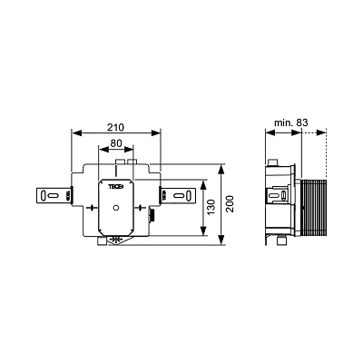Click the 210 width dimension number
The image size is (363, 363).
[x=116, y=128]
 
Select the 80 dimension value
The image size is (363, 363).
[x=116, y=142]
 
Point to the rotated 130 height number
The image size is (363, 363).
[x=211, y=207]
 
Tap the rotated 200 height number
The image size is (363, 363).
[x=231, y=204]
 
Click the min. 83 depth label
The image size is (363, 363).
[x=291, y=123]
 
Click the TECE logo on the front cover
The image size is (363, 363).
[x=116, y=187]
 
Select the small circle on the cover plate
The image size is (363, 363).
[x=116, y=208]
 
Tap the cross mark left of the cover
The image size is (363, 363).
[x=92, y=208]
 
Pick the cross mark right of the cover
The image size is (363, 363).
[x=140, y=208]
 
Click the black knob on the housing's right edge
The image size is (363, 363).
[x=152, y=216]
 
